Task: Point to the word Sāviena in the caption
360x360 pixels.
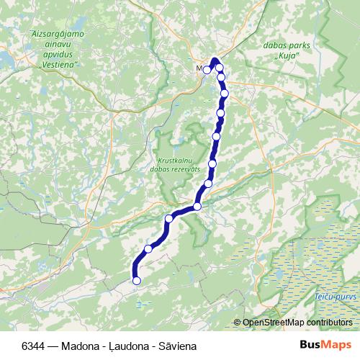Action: click(x=175, y=345)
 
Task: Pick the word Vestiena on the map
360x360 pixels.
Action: click(x=58, y=64)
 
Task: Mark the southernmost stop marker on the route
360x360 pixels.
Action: click(x=136, y=280)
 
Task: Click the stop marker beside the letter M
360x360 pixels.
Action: click(x=207, y=70)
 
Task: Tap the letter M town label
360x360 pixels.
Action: click(x=199, y=69)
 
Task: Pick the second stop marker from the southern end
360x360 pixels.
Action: click(x=148, y=248)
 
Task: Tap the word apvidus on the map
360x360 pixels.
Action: click(x=58, y=54)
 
